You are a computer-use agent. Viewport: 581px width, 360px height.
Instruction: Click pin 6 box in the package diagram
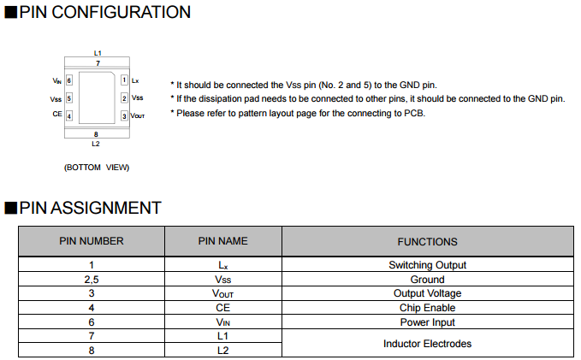point(69,80)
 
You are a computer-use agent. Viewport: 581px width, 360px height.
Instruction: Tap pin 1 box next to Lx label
point(125,80)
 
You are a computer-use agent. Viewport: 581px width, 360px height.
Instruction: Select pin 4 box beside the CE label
point(69,116)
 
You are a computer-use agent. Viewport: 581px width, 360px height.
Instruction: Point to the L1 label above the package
point(98,53)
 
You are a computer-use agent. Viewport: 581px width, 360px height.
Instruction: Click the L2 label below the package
point(96,144)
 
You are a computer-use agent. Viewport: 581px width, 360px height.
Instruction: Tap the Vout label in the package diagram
point(138,116)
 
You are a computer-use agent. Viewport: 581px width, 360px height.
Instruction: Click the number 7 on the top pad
point(98,63)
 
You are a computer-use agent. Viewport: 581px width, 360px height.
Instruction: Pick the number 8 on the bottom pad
point(96,134)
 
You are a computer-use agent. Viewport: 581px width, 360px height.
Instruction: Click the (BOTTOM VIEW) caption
point(97,168)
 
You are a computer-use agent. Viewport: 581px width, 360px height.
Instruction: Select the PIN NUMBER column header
point(92,241)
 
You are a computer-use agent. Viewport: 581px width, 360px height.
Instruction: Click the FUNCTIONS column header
point(428,242)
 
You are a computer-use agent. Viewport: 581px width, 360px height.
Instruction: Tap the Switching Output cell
point(428,265)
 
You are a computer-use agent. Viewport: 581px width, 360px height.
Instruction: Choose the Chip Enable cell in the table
point(428,308)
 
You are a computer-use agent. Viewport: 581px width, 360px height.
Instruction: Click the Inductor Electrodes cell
point(428,344)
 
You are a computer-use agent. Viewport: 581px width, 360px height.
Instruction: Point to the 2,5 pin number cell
point(92,280)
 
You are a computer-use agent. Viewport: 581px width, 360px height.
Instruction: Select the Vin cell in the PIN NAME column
point(223,322)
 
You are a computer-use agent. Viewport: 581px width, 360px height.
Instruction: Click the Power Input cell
point(428,322)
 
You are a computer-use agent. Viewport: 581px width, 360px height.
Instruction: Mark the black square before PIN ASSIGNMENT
point(11,208)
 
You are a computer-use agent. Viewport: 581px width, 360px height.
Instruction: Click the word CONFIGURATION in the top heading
point(122,12)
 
